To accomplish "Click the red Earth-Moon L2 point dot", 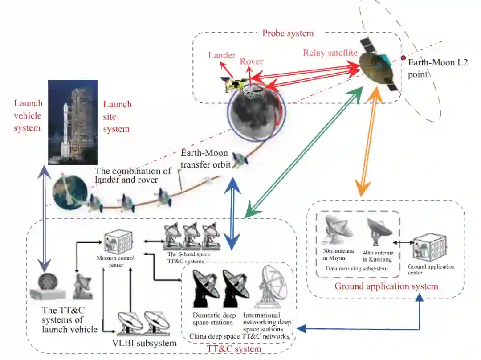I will [403, 58].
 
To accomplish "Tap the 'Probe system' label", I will [288, 33].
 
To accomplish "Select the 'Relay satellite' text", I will [330, 53].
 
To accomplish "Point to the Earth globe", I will [69, 192].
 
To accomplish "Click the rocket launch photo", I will [73, 122].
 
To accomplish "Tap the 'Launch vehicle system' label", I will [28, 116].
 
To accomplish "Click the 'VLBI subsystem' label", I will [143, 343].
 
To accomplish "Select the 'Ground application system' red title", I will [386, 286].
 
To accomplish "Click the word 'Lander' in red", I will [222, 56].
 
